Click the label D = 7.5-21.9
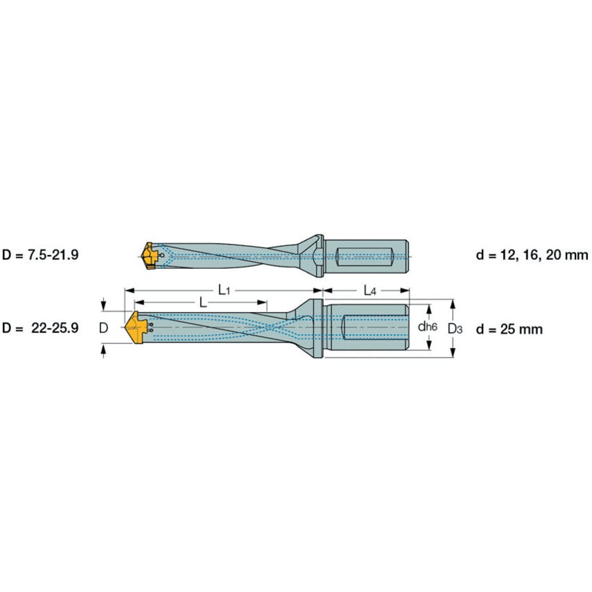(40, 255)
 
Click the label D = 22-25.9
(40, 328)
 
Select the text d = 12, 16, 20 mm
(532, 255)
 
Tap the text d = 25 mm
(510, 329)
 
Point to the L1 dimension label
(224, 290)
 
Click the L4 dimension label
(369, 290)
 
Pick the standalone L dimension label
(202, 302)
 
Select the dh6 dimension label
(428, 327)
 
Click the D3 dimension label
(455, 329)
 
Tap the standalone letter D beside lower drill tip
(103, 328)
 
